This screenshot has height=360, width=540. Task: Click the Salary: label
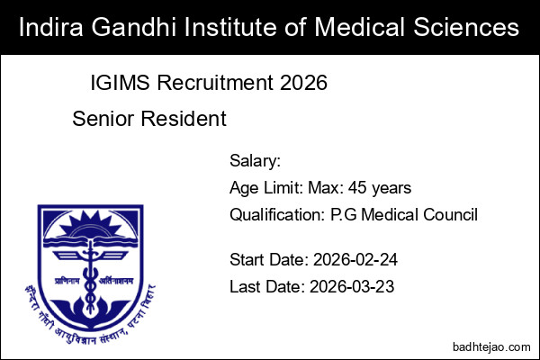point(256,162)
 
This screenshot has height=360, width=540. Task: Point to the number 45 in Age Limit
point(363,188)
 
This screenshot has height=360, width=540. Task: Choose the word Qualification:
point(276,214)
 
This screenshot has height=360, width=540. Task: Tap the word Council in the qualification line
point(451,214)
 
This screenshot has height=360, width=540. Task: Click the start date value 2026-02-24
point(355,261)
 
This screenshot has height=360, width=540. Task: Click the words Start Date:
point(268,261)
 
